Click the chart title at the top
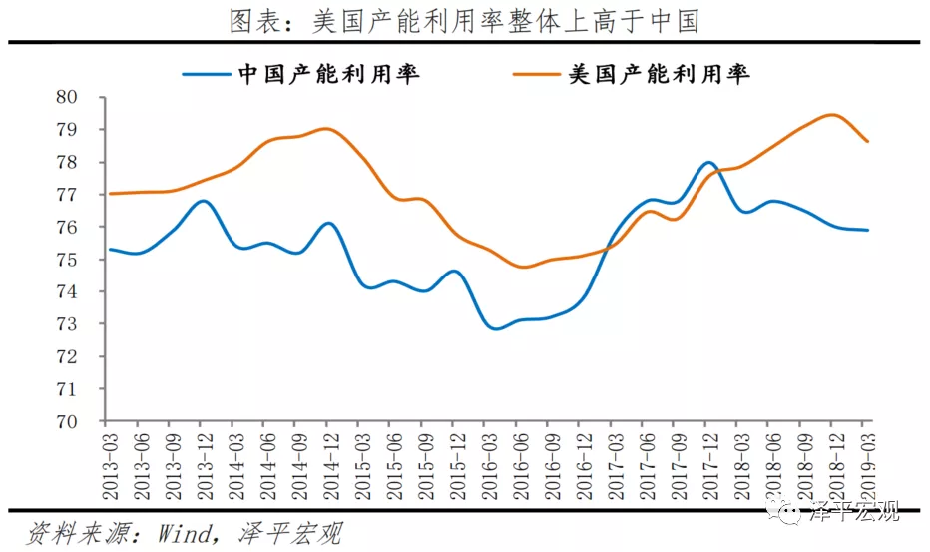click(x=464, y=20)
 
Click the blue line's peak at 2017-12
click(x=708, y=162)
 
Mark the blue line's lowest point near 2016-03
click(x=495, y=327)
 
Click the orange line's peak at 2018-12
click(x=833, y=114)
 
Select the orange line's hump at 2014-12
click(x=326, y=129)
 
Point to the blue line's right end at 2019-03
click(x=867, y=230)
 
